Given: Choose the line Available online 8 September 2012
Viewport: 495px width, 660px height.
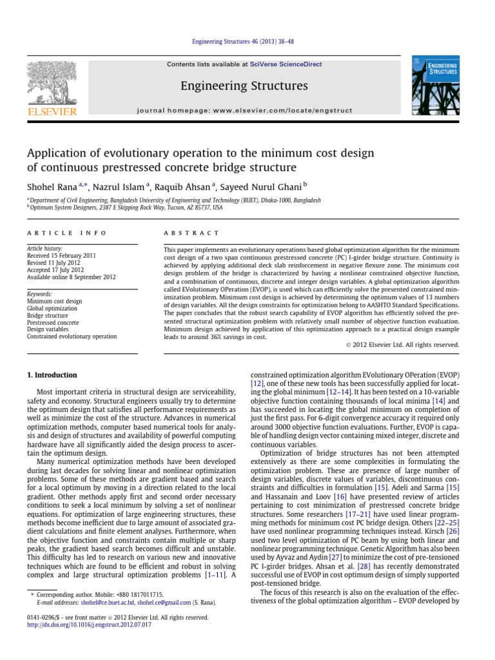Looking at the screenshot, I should coord(71,277).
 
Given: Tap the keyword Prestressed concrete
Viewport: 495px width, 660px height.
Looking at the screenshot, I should coord(53,322).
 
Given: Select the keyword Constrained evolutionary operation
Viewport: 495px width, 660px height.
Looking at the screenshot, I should coord(72,336).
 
